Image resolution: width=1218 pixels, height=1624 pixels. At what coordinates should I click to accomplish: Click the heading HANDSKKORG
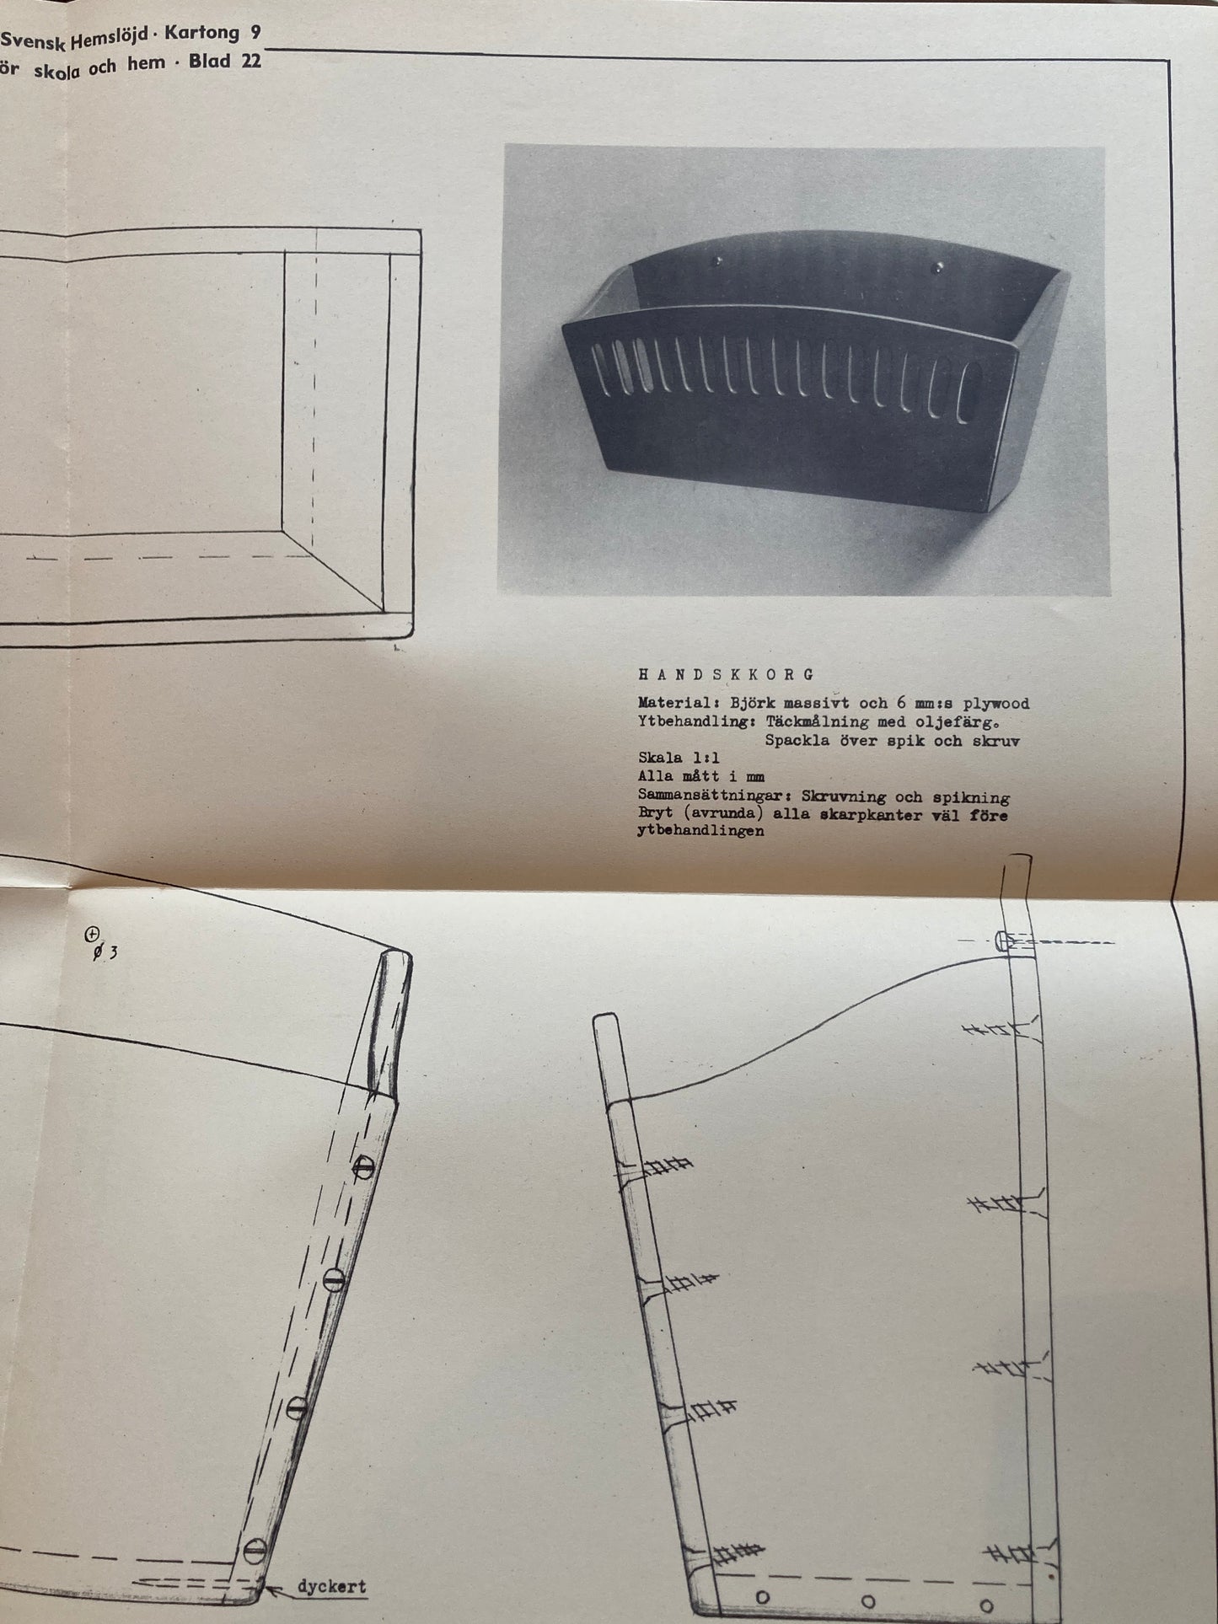[727, 674]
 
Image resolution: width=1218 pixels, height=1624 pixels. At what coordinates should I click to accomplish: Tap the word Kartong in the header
[199, 34]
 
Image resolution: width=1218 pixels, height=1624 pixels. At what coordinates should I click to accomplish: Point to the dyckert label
[331, 1585]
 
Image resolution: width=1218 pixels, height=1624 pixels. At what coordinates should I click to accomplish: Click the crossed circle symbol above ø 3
[91, 933]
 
